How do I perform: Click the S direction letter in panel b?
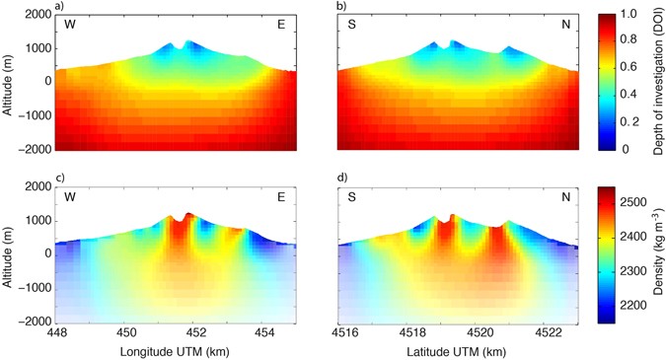pyautogui.click(x=348, y=25)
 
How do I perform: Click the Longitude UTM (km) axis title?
pyautogui.click(x=176, y=350)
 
